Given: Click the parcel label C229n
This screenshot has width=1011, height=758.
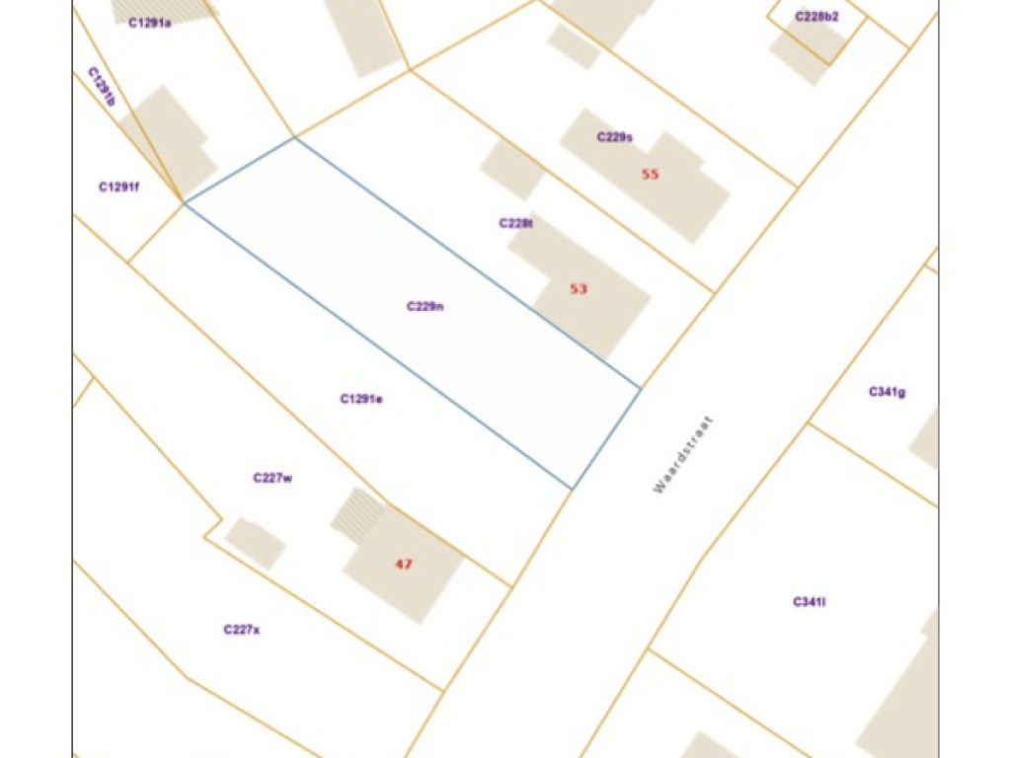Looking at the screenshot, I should (426, 306).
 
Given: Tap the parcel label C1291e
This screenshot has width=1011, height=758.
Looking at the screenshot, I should (361, 399).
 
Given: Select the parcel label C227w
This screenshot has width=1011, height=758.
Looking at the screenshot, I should (272, 478).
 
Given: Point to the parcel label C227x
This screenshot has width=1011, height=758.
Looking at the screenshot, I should (242, 629).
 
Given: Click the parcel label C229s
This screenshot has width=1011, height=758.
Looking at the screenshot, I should (614, 137).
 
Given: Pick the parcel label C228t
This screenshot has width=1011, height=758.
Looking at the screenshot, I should (516, 223).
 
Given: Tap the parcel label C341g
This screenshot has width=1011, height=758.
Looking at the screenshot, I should (888, 392).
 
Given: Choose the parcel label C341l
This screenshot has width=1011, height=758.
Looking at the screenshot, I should (809, 601).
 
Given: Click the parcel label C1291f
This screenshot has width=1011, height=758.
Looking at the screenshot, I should (118, 187).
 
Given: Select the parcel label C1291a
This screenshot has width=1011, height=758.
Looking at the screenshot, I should (149, 23).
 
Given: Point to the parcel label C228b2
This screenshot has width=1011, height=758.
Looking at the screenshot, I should (817, 17).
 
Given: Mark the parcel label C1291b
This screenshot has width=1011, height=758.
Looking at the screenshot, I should (102, 86).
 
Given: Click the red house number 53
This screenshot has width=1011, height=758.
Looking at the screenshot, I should (579, 289).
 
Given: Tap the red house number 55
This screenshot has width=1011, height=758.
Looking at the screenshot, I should (650, 174).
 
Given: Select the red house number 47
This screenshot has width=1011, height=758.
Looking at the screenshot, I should (403, 565).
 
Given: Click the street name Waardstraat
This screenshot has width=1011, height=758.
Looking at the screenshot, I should (682, 453).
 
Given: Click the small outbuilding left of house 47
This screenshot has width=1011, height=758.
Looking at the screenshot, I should (255, 543).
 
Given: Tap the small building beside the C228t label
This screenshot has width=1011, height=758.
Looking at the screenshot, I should (512, 169).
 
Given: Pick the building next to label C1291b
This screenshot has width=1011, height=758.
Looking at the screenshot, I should (168, 138).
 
